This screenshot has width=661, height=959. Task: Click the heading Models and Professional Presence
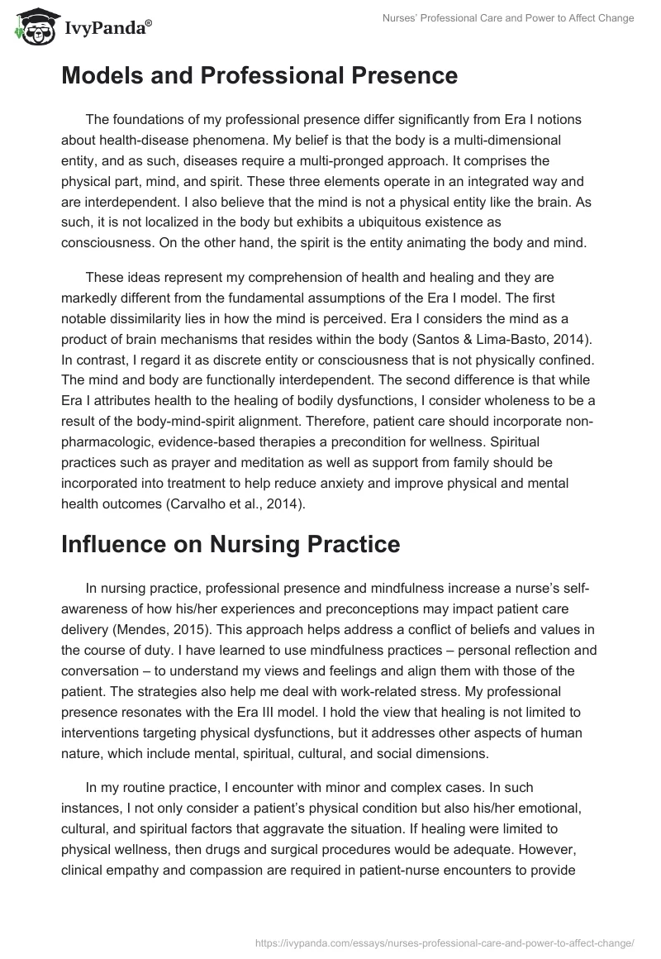[259, 76]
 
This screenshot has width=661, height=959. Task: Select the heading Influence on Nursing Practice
[231, 544]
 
